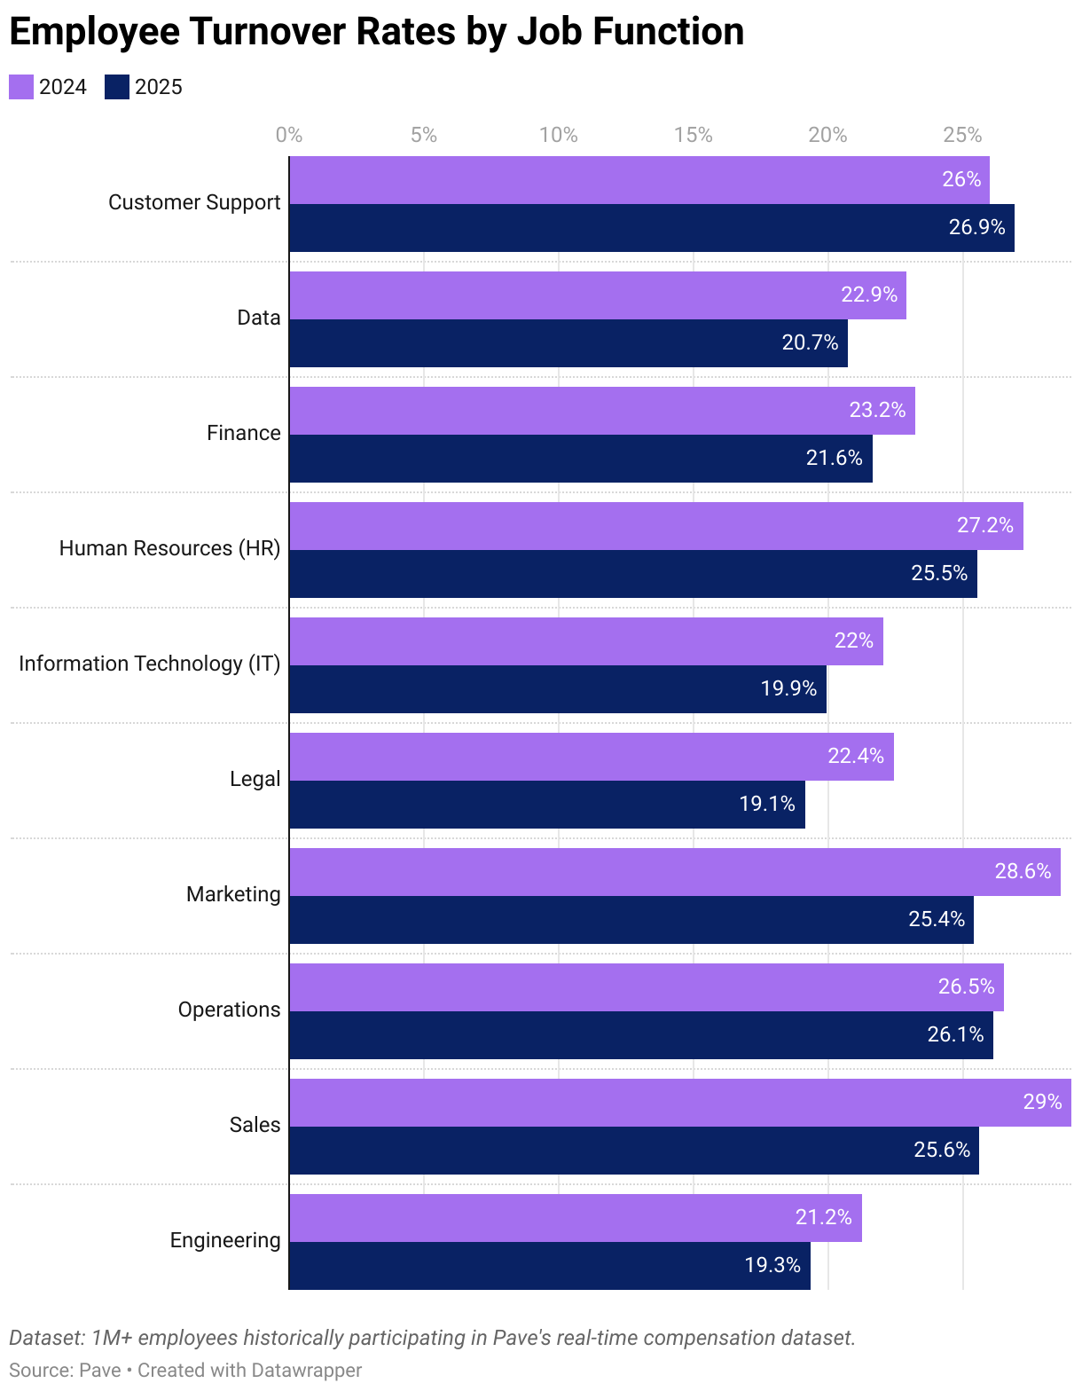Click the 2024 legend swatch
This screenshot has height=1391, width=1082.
[x=21, y=87]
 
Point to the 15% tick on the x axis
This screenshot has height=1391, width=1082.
[x=693, y=135]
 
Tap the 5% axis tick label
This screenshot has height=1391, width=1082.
[x=424, y=135]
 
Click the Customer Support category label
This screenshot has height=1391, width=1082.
[x=194, y=203]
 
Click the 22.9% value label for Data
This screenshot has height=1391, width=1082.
[x=868, y=295]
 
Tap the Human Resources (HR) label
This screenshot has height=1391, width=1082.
[x=169, y=549]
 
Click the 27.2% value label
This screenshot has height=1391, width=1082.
[x=984, y=525]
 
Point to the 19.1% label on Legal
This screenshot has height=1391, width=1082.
[x=767, y=805]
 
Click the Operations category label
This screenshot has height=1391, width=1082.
[x=229, y=1010]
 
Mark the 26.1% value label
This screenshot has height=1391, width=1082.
[x=955, y=1035]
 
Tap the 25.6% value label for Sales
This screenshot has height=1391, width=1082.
[x=942, y=1151]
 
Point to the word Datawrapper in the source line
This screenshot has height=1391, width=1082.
[x=306, y=1371]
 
